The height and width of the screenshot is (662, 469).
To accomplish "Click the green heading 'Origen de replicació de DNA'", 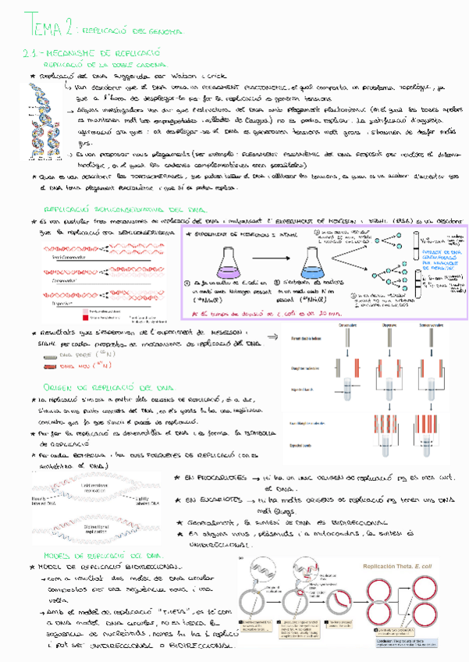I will pos(102,387).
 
